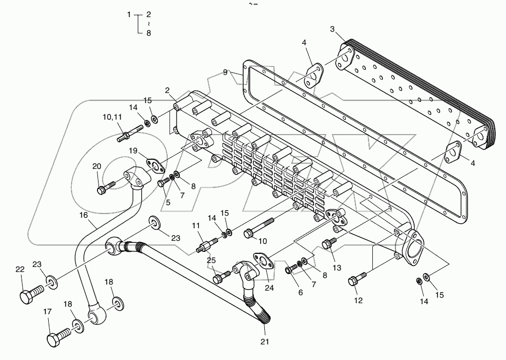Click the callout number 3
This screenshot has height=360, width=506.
tap(332, 29)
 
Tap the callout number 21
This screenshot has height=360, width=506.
tap(265, 342)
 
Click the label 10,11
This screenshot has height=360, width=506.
tap(113, 117)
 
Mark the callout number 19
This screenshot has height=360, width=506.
tap(132, 150)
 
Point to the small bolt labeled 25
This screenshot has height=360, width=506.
tap(221, 276)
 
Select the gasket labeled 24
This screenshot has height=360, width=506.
tap(260, 258)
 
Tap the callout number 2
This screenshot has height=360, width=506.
tap(166, 91)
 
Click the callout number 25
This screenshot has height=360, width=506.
tap(211, 260)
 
